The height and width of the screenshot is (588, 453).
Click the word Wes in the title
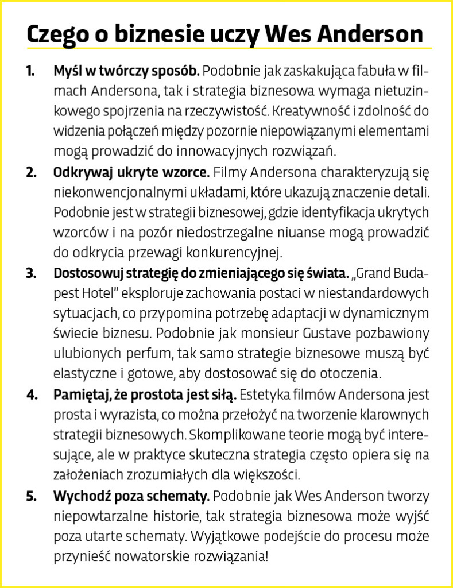(289, 34)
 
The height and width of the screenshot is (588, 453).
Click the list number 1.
(30, 72)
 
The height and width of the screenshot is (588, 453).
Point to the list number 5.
(30, 496)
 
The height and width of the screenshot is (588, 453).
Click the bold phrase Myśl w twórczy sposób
(126, 72)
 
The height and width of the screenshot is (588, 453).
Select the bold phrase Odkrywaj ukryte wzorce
(133, 172)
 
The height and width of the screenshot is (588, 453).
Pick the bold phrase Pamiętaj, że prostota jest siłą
(145, 395)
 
